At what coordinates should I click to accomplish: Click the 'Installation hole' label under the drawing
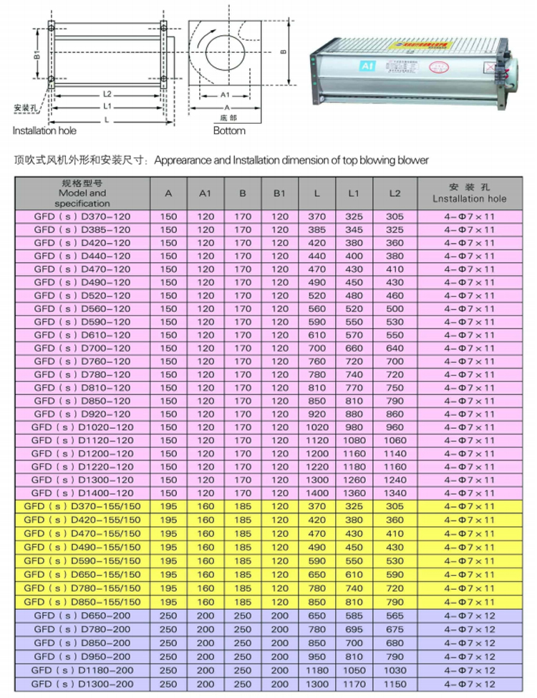44,131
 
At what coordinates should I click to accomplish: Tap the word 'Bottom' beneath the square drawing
229,131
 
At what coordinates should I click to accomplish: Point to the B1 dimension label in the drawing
36,57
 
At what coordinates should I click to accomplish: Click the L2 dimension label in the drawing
106,94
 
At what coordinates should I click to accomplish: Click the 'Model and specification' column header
82,193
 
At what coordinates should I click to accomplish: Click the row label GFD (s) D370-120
82,217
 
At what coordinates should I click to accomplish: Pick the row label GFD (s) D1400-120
82,493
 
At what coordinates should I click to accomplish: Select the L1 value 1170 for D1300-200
353,684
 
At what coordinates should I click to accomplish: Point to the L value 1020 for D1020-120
316,427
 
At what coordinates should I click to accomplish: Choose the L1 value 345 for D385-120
353,230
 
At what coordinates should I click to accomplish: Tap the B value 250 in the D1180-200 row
243,671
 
